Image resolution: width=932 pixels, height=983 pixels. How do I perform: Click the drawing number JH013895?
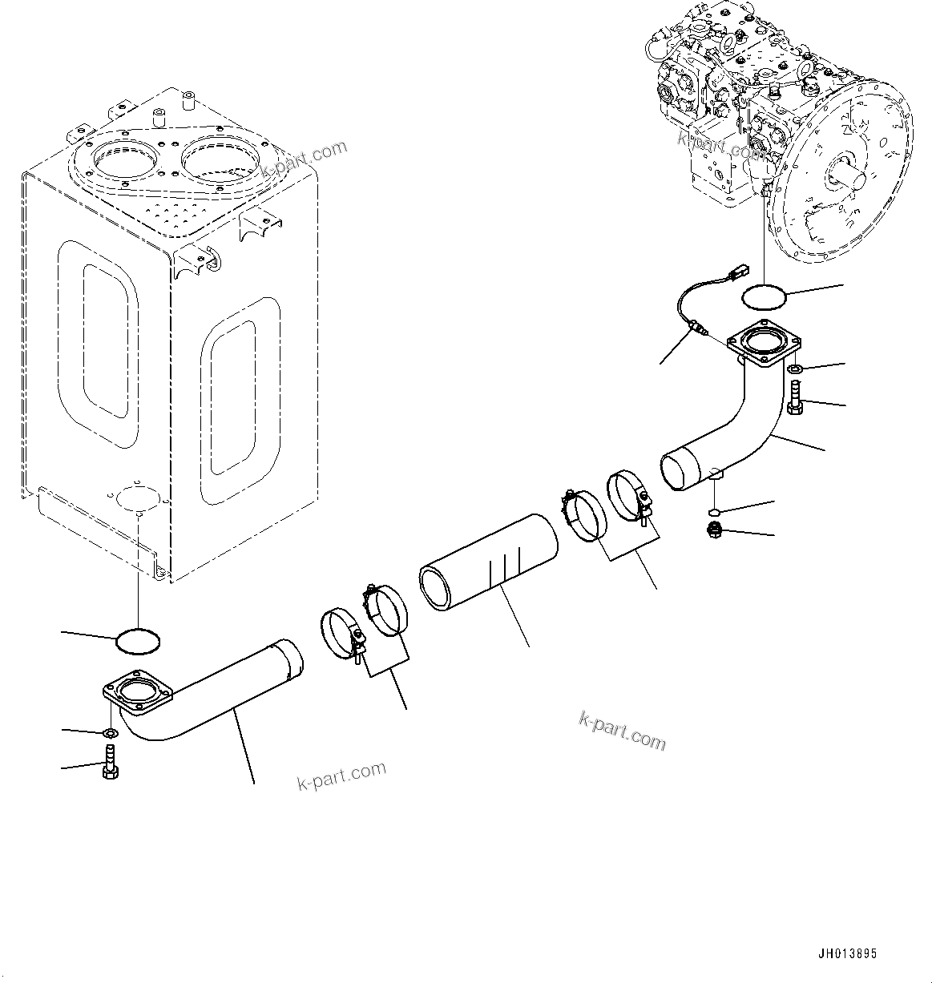point(847,954)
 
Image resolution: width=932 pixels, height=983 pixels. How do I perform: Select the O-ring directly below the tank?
point(138,640)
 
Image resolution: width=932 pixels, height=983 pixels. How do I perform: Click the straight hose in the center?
point(488,566)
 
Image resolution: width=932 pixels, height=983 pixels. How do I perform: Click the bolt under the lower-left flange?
point(111,759)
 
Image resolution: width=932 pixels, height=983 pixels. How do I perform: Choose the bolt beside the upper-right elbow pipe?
point(795,397)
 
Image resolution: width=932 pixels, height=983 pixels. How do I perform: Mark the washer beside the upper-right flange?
point(795,369)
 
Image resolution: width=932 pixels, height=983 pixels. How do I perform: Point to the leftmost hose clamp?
point(338,635)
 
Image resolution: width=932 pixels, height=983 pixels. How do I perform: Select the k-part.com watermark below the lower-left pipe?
point(341,776)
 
